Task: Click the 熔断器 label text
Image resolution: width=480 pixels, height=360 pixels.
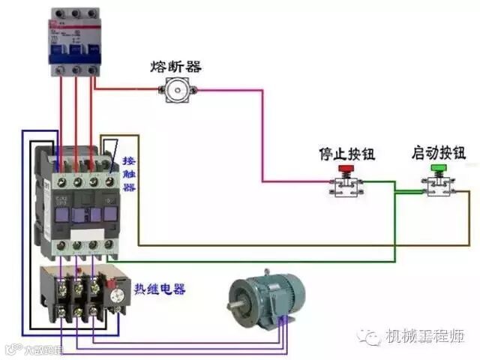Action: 176,67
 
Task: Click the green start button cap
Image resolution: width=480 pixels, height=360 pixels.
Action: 438,169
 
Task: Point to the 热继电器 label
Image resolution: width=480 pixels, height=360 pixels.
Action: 160,289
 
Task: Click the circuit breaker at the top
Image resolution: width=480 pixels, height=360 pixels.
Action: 75,41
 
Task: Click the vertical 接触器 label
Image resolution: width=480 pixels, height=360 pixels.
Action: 129,174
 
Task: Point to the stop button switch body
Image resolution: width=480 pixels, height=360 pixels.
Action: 346,187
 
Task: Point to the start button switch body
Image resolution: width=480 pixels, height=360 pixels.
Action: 438,187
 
